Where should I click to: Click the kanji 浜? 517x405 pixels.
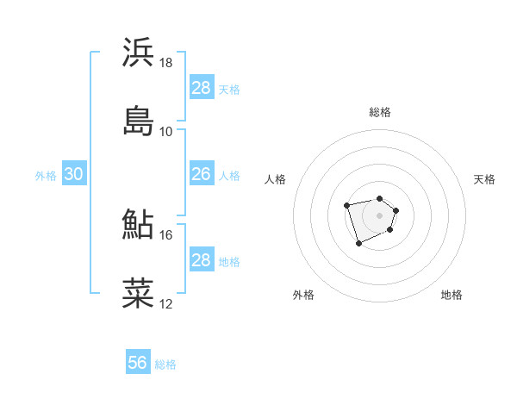tap(139, 53)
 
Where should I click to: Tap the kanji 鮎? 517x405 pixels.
tap(139, 225)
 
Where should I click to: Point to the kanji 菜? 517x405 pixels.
tap(139, 293)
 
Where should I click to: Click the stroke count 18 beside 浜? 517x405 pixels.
tap(166, 63)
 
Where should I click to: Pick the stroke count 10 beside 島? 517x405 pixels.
tap(166, 131)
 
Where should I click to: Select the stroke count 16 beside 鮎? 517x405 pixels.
tap(166, 234)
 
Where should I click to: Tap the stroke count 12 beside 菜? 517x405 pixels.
tap(166, 303)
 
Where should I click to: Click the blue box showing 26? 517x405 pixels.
tap(201, 174)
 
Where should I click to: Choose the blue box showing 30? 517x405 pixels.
tap(73, 174)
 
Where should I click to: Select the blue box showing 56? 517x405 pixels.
tap(138, 364)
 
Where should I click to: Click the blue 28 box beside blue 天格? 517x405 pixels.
tap(201, 88)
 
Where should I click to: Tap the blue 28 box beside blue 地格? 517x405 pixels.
tap(201, 260)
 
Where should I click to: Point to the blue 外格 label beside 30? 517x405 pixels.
tap(46, 175)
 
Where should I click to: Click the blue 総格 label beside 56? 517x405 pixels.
tap(165, 364)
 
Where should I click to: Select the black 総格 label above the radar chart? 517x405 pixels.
tap(380, 112)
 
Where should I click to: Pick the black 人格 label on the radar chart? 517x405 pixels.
tap(276, 179)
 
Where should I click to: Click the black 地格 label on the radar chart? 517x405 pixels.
tap(452, 295)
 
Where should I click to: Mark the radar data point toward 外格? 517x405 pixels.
tap(358, 244)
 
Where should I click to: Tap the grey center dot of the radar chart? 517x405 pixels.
tap(379, 215)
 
